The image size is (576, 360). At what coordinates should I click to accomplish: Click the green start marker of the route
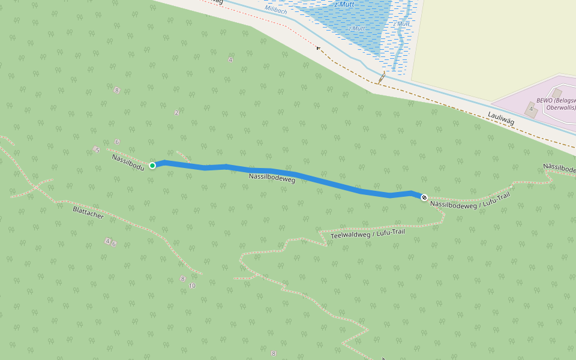pyautogui.click(x=152, y=166)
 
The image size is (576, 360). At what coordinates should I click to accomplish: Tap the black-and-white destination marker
pyautogui.click(x=424, y=197)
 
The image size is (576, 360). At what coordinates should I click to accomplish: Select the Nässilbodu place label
pyautogui.click(x=128, y=161)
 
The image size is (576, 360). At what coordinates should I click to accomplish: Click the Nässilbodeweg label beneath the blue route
pyautogui.click(x=272, y=178)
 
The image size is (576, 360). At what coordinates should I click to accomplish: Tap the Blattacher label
pyautogui.click(x=88, y=212)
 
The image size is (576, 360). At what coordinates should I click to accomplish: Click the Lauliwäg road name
pyautogui.click(x=501, y=118)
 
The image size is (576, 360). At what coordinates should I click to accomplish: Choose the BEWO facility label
pyautogui.click(x=556, y=103)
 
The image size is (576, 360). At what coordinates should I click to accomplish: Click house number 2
pyautogui.click(x=176, y=113)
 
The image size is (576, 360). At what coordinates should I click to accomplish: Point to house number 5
pyautogui.click(x=97, y=149)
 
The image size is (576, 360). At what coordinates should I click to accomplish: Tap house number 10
pyautogui.click(x=192, y=286)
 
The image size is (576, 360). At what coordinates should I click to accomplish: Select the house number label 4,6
pyautogui.click(x=110, y=242)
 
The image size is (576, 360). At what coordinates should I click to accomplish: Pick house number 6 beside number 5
pyautogui.click(x=117, y=142)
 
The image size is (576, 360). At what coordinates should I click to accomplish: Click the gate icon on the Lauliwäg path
pyautogui.click(x=382, y=77)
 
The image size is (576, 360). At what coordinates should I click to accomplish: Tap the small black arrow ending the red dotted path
pyautogui.click(x=318, y=48)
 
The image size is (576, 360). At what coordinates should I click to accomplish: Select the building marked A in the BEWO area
pyautogui.click(x=530, y=109)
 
